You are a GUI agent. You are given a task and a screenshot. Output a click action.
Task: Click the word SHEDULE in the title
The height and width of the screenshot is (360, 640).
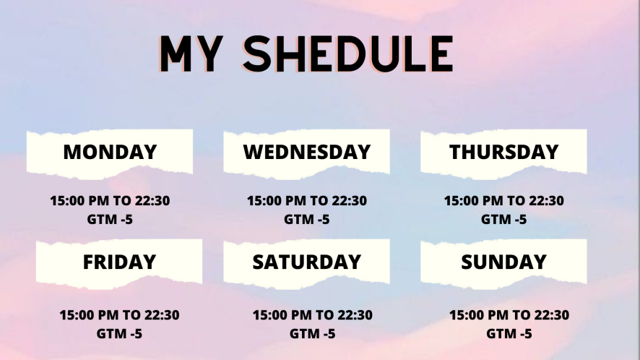[348, 54]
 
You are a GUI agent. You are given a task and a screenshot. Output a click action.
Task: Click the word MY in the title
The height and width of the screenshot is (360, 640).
[191, 54]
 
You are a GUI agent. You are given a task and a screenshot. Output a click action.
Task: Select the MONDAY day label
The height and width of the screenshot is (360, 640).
[110, 152]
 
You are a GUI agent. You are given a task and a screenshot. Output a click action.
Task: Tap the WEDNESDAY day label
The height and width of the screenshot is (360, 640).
[307, 152]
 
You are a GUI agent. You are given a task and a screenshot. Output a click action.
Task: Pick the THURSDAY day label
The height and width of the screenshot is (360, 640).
[503, 152]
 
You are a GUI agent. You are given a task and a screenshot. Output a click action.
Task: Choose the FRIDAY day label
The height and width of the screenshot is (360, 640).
[119, 262]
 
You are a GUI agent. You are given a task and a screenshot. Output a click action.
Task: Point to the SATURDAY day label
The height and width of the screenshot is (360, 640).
[307, 262]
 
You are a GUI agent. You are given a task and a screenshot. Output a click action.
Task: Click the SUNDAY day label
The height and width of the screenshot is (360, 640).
[503, 262]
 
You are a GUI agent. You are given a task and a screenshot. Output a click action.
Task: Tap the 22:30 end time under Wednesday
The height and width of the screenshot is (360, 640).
[349, 201]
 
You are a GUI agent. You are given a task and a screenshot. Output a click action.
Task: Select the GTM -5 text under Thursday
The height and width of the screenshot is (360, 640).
[503, 220]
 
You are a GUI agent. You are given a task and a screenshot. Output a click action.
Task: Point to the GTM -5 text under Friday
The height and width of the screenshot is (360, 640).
[119, 334]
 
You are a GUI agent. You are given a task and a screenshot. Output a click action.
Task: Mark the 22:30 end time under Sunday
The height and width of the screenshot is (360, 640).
[551, 315]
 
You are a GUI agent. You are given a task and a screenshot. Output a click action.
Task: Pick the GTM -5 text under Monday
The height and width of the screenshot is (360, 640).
[110, 220]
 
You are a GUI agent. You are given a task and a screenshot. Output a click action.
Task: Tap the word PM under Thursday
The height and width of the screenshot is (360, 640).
[493, 201]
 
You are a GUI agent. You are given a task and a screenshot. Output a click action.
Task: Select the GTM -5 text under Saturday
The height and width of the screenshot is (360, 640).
[312, 334]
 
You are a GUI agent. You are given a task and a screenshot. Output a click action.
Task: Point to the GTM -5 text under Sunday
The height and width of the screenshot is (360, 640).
[509, 334]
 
